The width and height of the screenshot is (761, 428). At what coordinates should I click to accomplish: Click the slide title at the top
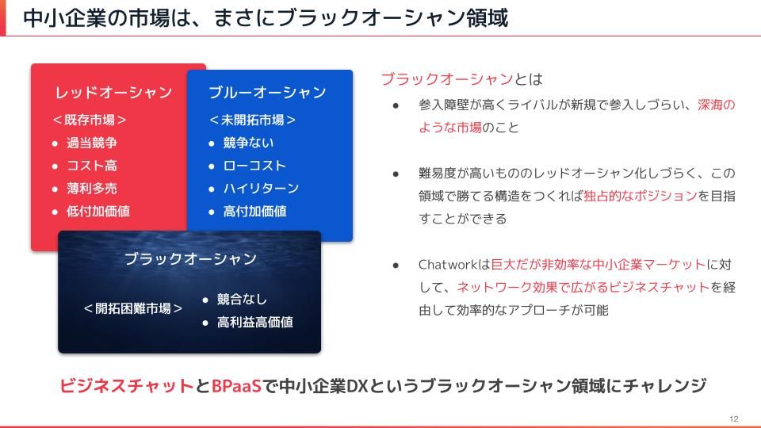[x=266, y=18]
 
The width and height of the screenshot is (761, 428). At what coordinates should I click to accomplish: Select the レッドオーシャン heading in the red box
[x=113, y=92]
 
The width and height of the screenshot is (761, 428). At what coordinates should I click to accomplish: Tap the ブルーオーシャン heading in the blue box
[x=267, y=92]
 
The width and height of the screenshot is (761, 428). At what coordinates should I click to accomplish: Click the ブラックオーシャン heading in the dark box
[x=191, y=258]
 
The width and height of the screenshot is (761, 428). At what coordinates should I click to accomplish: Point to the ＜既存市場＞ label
[x=90, y=120]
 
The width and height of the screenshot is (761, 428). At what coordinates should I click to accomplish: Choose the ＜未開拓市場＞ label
[x=252, y=120]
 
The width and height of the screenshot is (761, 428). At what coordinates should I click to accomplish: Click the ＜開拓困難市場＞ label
[x=133, y=308]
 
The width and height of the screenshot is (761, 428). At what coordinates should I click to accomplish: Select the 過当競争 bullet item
[x=92, y=143]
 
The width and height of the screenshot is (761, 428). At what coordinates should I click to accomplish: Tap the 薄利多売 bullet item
[x=92, y=189]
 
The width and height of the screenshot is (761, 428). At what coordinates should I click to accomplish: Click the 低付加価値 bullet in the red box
[x=98, y=211]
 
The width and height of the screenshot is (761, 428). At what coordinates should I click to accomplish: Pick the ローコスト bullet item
[x=254, y=166]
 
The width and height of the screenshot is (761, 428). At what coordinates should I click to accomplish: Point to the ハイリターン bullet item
[x=261, y=189]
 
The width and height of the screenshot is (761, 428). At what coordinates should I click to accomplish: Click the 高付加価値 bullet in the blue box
[x=254, y=211]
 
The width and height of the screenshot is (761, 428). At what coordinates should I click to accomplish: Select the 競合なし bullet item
[x=242, y=299]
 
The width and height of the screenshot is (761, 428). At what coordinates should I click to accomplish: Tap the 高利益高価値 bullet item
[x=254, y=323]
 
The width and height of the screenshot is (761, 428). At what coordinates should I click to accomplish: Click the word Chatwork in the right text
[x=448, y=265]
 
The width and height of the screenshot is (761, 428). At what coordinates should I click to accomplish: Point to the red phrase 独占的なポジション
[x=641, y=196]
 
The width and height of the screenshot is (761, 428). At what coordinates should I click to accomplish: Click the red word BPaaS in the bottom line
[x=236, y=386]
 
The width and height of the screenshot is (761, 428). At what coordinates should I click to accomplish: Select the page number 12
[x=733, y=418]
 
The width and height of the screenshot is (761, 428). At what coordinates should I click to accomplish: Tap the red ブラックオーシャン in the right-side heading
[x=447, y=79]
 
